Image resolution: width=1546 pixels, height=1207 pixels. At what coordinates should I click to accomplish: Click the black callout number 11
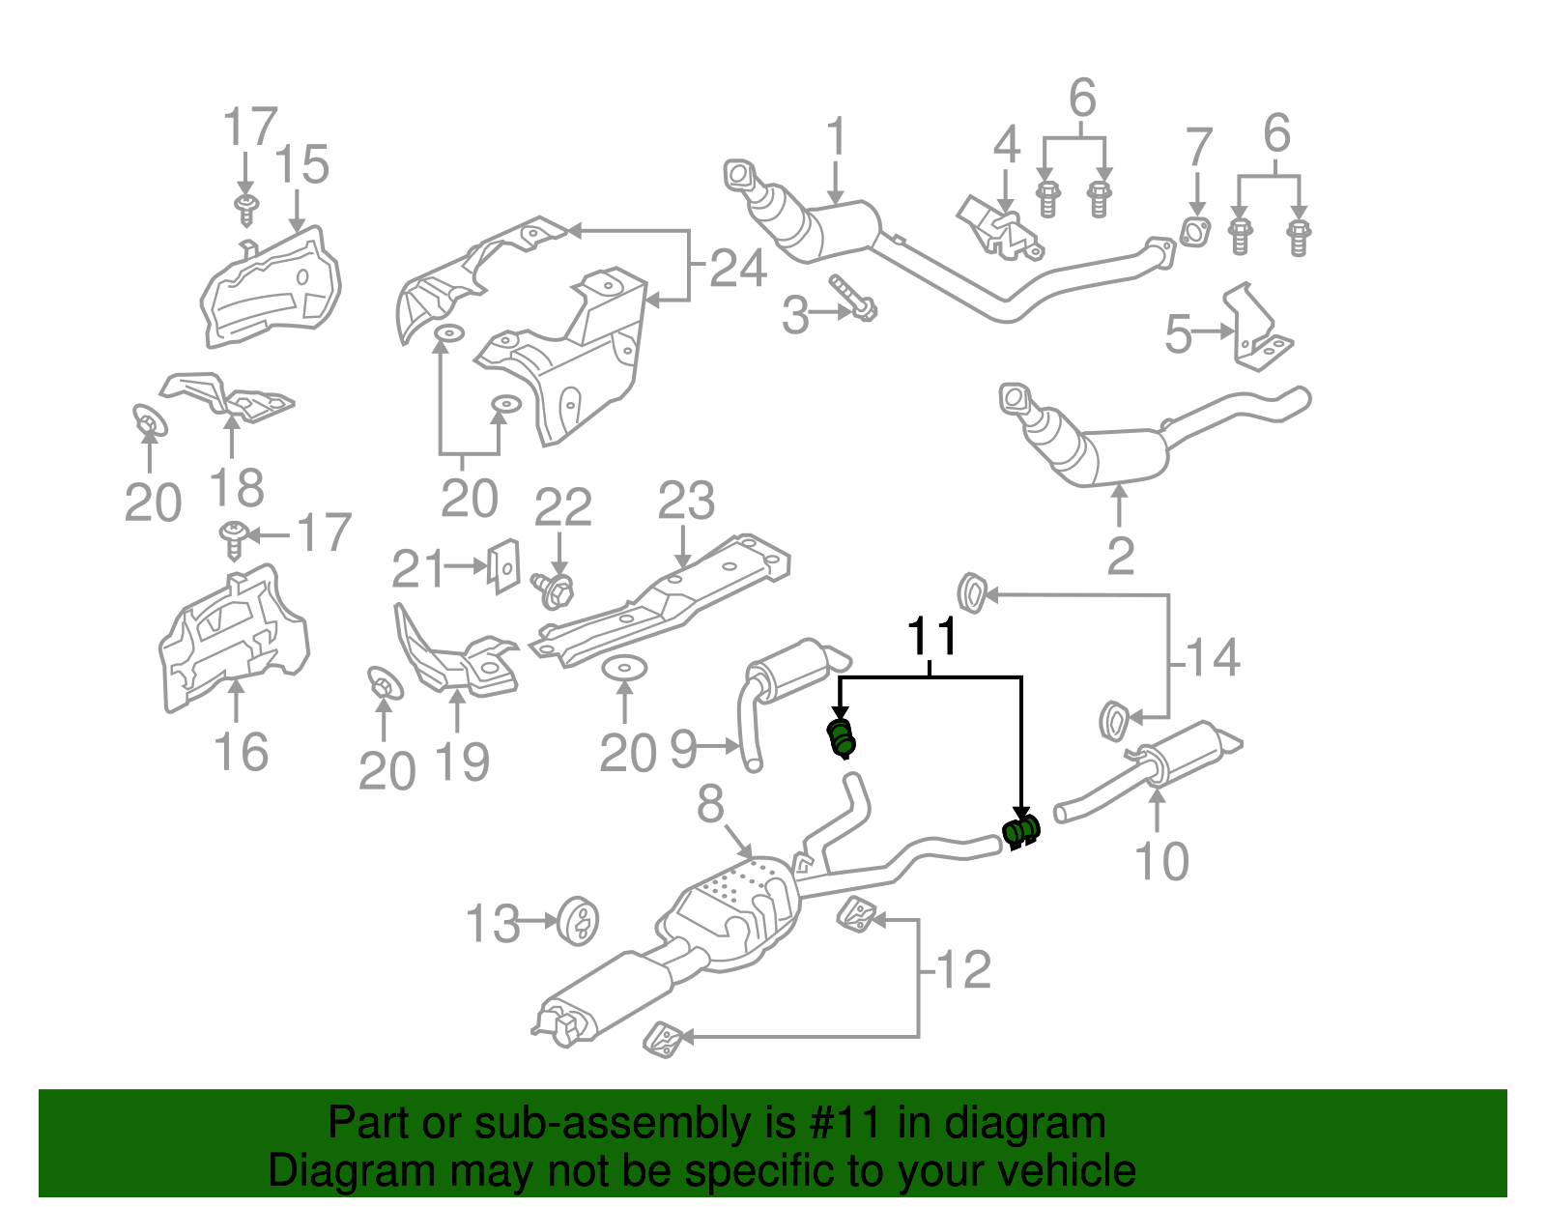click(932, 638)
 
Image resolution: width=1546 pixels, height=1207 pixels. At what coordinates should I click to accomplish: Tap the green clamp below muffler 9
click(843, 737)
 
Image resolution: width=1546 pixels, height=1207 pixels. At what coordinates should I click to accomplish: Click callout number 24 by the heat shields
click(738, 268)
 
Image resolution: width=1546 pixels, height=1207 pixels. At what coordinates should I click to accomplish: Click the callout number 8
click(710, 802)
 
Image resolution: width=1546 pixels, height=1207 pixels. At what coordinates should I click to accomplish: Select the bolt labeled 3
click(853, 300)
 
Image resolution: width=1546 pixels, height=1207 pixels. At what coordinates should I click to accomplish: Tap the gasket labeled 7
click(1196, 234)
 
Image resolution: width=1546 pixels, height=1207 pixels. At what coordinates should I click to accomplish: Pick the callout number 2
click(1120, 556)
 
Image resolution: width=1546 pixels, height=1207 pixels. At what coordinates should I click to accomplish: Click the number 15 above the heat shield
click(301, 165)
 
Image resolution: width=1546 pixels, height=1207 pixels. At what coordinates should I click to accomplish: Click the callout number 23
click(686, 501)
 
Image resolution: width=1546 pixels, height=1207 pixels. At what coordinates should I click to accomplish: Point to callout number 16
click(241, 752)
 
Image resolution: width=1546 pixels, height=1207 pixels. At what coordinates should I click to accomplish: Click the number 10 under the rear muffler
click(1160, 861)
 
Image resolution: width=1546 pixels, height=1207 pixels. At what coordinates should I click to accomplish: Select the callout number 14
click(1213, 658)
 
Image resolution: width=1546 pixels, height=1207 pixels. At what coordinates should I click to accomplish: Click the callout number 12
click(964, 969)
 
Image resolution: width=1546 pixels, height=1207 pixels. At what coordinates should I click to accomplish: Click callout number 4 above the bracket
click(1006, 145)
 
